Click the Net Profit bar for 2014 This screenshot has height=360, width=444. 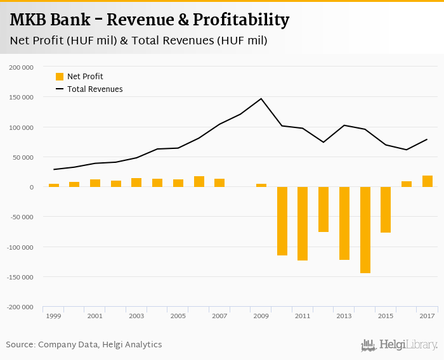tap(365, 230)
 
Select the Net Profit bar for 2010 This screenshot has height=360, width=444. tap(282, 221)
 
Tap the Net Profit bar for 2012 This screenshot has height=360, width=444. tap(323, 209)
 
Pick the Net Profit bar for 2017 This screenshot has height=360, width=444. tap(428, 181)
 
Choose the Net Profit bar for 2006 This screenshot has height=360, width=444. tap(199, 182)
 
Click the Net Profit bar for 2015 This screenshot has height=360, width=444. tap(386, 210)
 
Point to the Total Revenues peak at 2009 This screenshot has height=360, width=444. tap(261, 99)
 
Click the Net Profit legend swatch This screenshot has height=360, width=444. tap(60, 77)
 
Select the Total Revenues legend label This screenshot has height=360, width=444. tap(95, 89)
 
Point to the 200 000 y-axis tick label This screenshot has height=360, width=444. tap(22, 67)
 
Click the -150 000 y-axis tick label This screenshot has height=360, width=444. tap(20, 277)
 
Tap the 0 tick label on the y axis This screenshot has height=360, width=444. tap(31, 187)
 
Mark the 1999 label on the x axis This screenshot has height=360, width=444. tap(54, 316)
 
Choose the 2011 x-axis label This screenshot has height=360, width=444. tap(303, 316)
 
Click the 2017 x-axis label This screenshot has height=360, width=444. tap(427, 316)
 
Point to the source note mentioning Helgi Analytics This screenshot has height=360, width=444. tap(84, 345)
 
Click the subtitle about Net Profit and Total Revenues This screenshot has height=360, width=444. tap(138, 41)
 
